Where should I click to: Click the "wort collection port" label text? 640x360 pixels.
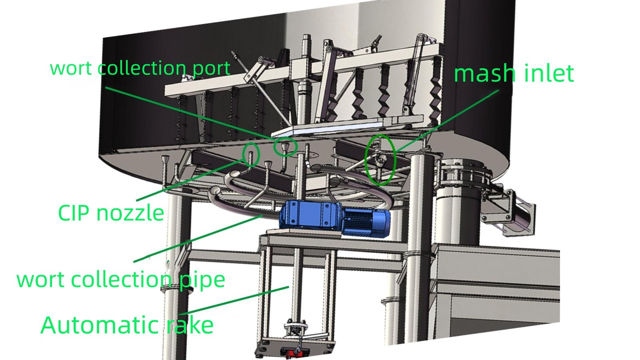[140, 68]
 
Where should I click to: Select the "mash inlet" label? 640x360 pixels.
[514, 73]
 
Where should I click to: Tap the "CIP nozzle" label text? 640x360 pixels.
[111, 213]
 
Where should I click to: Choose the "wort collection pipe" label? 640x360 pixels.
[121, 280]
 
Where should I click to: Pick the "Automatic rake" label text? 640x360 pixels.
[127, 325]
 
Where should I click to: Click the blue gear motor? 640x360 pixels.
[334, 218]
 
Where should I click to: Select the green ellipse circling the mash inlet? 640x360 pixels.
[380, 160]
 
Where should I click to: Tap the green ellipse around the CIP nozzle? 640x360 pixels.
[251, 154]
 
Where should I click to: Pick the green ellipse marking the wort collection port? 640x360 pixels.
[286, 146]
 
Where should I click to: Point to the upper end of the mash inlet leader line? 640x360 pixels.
[498, 90]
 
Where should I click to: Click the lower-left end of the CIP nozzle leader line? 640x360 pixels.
[136, 200]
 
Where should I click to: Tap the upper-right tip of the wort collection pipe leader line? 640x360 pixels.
[262, 216]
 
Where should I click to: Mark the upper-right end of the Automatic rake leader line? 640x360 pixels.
[288, 287]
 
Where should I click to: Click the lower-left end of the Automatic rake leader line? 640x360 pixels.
[179, 314]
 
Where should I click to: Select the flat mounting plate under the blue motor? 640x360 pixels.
[304, 232]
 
